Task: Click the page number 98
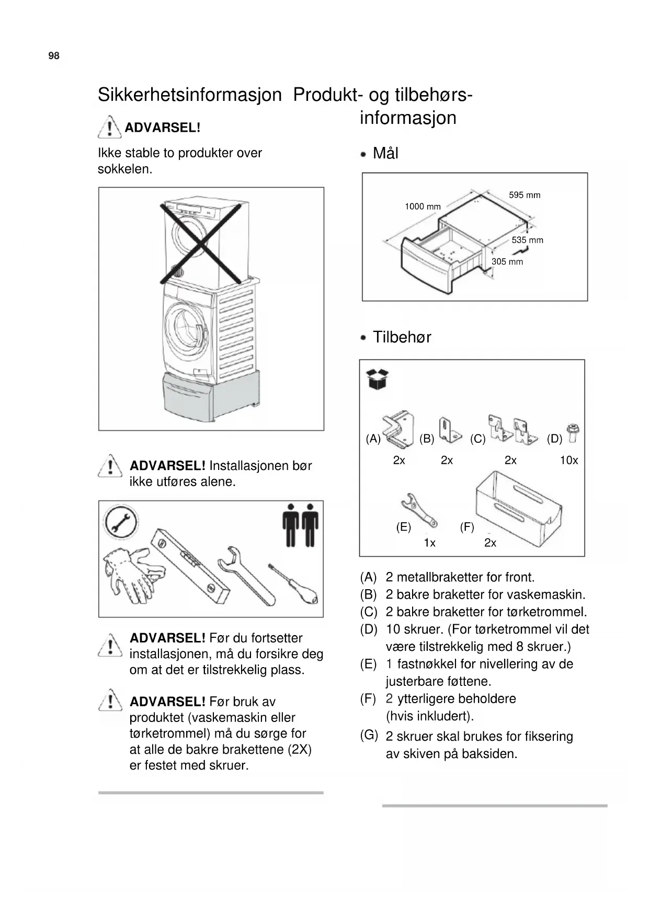tap(54, 56)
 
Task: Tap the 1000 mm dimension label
tap(423, 207)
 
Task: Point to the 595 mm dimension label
tap(525, 195)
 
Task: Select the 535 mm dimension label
tap(527, 240)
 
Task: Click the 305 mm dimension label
tap(507, 261)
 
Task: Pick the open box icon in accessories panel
tap(378, 379)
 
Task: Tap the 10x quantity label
tap(569, 460)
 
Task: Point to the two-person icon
tap(301, 525)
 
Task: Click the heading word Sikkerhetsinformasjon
tap(189, 95)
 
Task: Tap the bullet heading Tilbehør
tap(402, 337)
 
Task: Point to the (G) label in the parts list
tap(369, 735)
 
